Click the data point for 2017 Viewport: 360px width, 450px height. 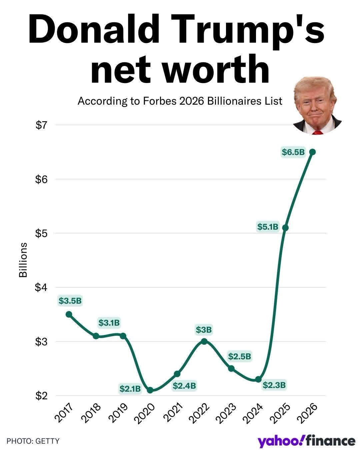point(69,314)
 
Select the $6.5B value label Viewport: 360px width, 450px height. point(293,152)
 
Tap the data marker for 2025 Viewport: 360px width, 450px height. point(285,228)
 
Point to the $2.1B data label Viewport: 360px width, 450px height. point(130,388)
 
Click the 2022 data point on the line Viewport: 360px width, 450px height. point(204,341)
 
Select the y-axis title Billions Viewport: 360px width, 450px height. point(23,260)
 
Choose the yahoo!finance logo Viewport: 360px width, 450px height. point(306,441)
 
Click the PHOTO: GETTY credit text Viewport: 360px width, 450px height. point(33,441)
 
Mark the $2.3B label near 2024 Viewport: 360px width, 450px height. point(274,385)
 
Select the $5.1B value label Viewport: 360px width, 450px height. point(268,227)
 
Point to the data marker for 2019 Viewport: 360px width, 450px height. point(123,336)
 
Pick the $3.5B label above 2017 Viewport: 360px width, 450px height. point(70,301)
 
